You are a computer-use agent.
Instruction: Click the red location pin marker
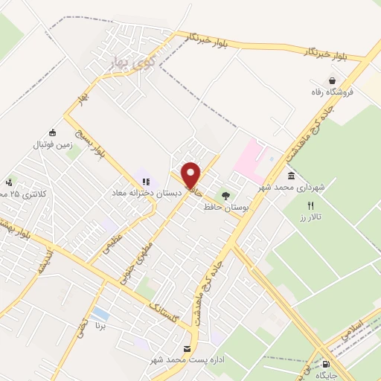tap(191, 175)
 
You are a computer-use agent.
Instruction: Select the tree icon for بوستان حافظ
tap(225, 195)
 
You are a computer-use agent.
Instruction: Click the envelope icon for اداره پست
tap(188, 348)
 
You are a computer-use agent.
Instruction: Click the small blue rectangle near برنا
tap(98, 313)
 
